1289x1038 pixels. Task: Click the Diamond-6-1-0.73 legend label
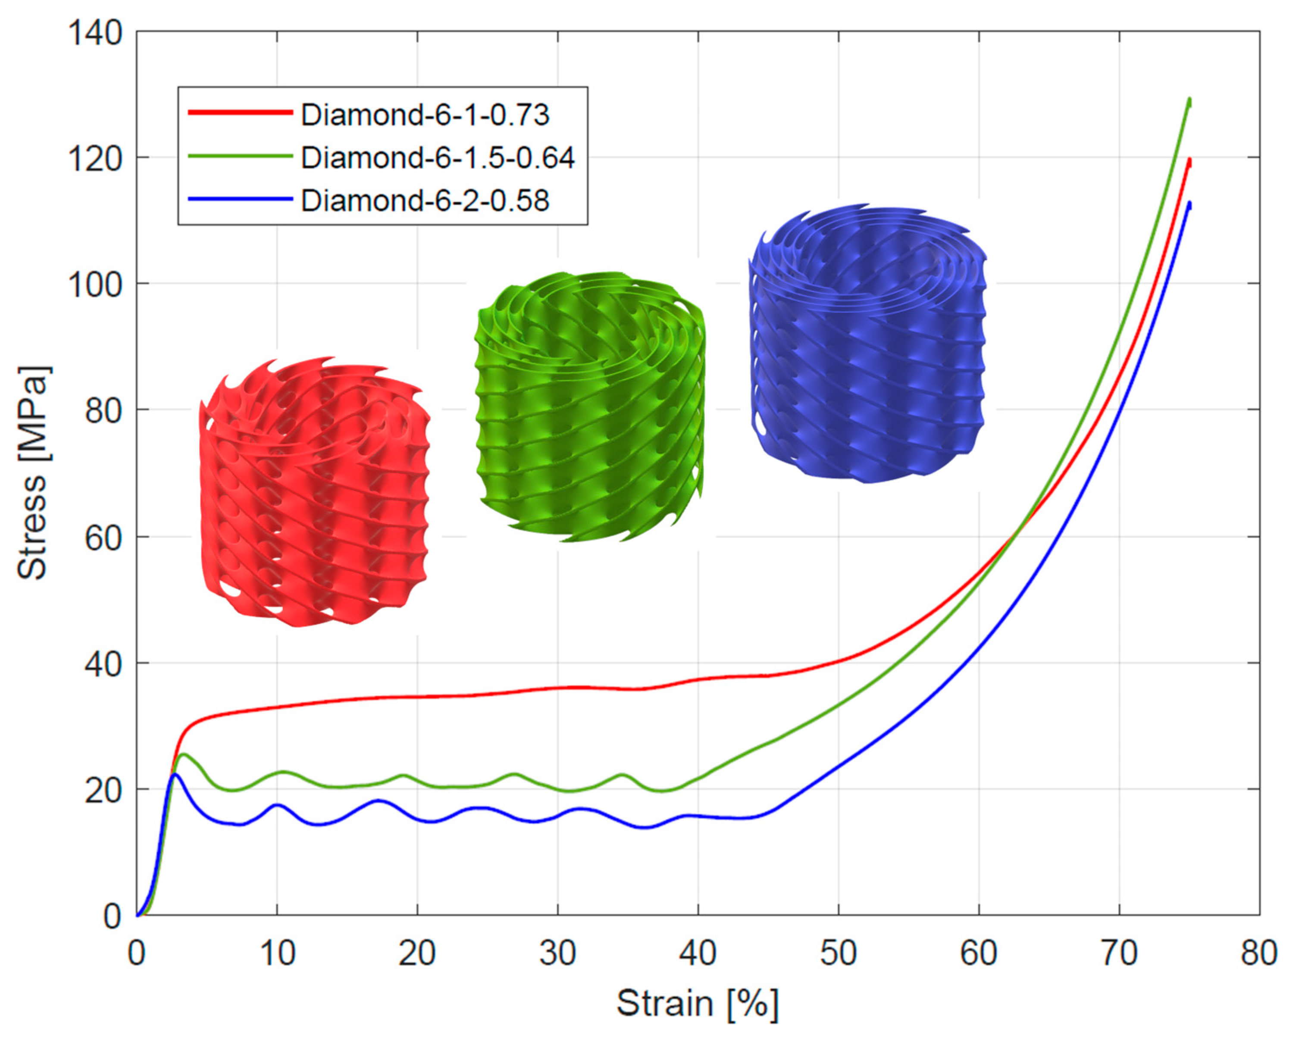425,114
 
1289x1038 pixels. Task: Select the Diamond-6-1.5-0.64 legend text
437,158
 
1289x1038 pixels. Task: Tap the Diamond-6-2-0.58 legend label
425,201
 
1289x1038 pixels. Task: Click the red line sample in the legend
241,113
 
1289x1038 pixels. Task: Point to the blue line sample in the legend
241,199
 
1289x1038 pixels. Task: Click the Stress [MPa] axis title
33,472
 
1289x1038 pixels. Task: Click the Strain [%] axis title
697,1003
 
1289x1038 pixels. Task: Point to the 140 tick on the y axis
96,33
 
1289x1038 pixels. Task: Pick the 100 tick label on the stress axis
96,285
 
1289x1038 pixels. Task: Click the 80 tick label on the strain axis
1258,953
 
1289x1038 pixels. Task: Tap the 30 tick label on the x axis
557,953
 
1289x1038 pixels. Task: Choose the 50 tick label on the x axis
838,953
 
